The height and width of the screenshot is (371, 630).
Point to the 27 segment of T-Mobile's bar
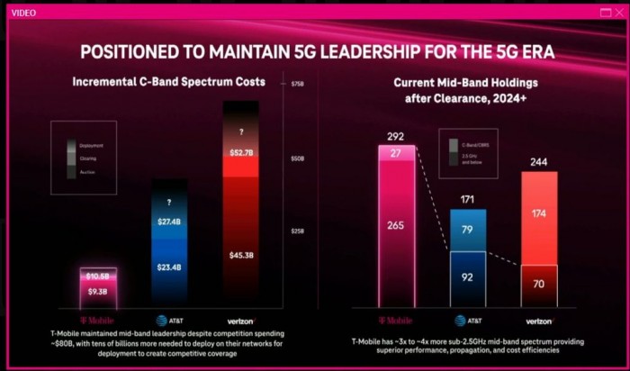tap(396, 153)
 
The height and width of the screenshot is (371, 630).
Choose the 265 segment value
tap(396, 226)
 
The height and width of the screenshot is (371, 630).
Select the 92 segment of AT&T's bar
tap(468, 278)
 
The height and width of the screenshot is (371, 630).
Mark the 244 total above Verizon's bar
tap(539, 162)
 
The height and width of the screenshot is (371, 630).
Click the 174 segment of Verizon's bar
tap(539, 215)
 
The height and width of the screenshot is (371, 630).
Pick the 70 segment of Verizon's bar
tap(539, 285)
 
